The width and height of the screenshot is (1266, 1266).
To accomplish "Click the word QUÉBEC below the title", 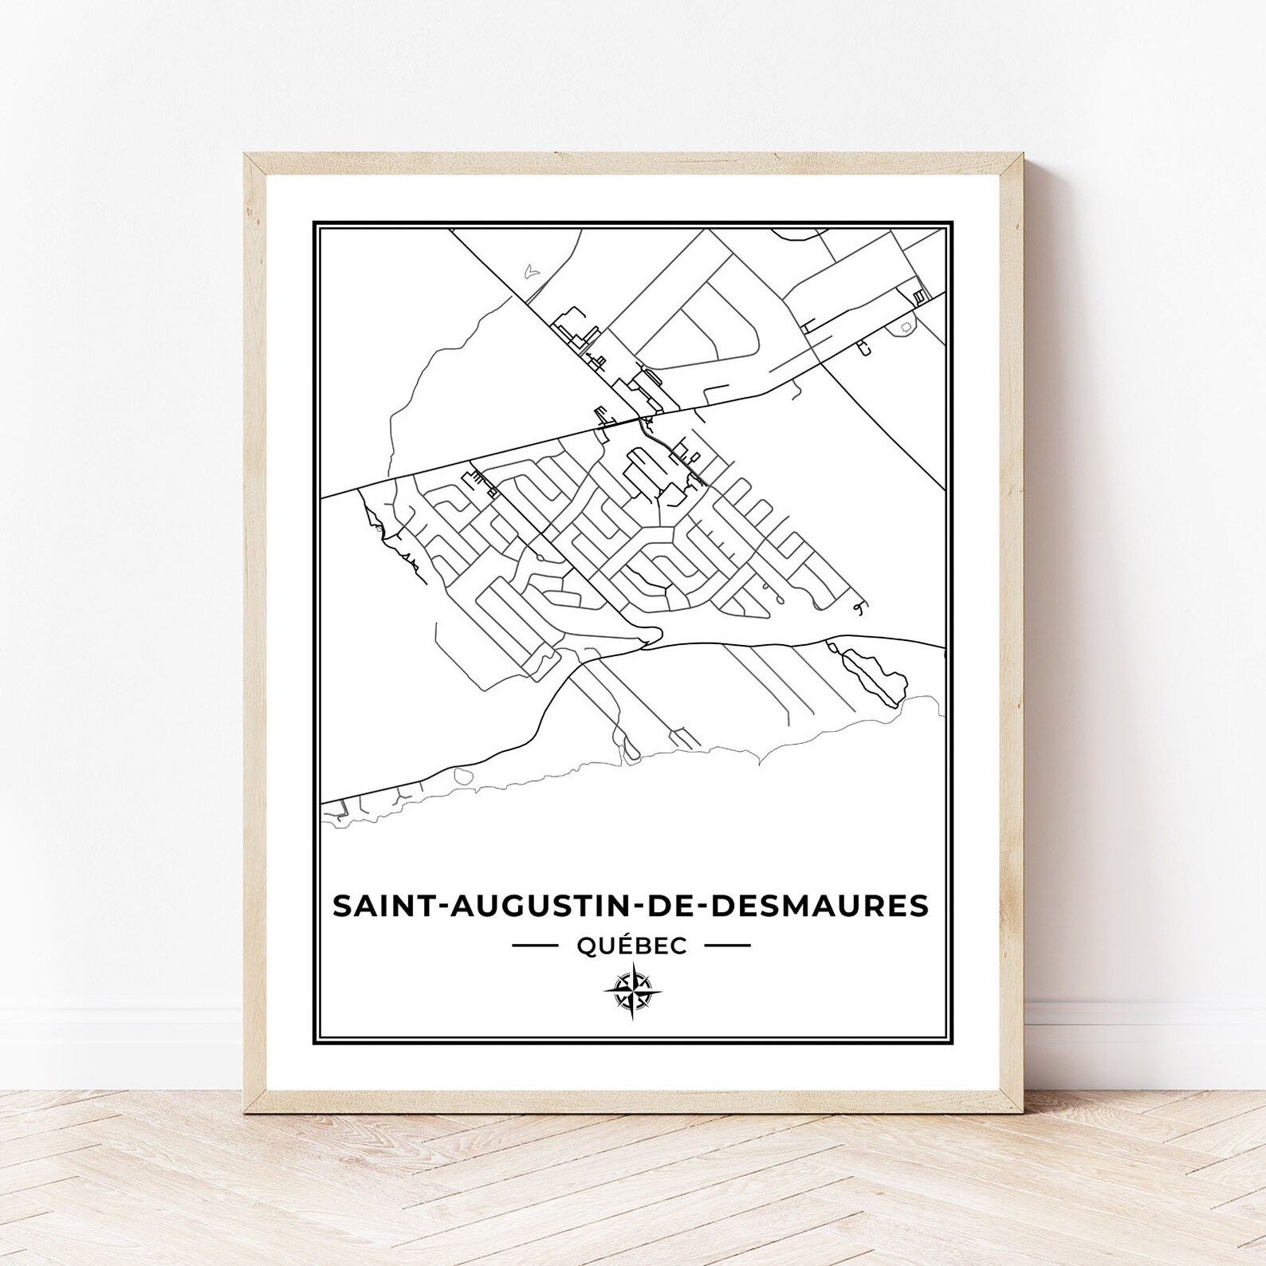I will pyautogui.click(x=631, y=946).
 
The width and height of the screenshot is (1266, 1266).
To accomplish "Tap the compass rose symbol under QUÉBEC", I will pyautogui.click(x=631, y=990).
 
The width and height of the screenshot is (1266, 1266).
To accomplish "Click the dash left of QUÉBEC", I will pyautogui.click(x=534, y=946).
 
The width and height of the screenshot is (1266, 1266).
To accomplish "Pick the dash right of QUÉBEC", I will pyautogui.click(x=728, y=946).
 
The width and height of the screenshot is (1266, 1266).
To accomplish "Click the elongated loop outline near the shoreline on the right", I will pyautogui.click(x=875, y=674).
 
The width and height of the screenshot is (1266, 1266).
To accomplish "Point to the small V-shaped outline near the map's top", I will pyautogui.click(x=531, y=272).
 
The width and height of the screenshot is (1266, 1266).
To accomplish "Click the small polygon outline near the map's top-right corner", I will pyautogui.click(x=907, y=328).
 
